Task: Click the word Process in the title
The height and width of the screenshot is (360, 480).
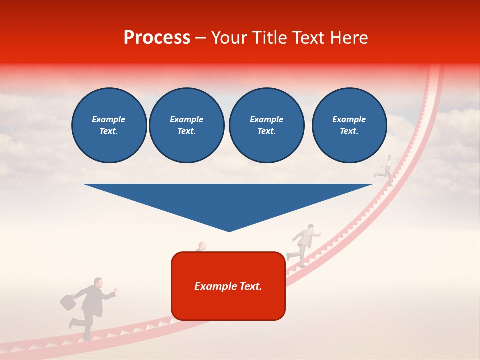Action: [x=157, y=38]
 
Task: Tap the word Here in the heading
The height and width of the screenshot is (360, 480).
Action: [x=348, y=38]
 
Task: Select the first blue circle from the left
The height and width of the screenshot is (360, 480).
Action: [x=109, y=125]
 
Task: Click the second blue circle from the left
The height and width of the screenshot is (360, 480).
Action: [x=186, y=125]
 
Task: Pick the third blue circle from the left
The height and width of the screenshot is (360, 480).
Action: [x=266, y=125]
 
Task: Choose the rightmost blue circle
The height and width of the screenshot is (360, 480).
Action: [x=349, y=125]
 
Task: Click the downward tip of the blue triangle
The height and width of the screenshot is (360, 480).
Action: [x=229, y=229]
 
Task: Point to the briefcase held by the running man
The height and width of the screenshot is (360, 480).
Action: [x=68, y=301]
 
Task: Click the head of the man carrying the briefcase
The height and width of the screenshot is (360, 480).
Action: [x=98, y=283]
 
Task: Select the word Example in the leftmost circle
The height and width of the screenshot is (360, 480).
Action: [x=109, y=119]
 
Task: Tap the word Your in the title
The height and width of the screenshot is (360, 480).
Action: [x=229, y=38]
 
